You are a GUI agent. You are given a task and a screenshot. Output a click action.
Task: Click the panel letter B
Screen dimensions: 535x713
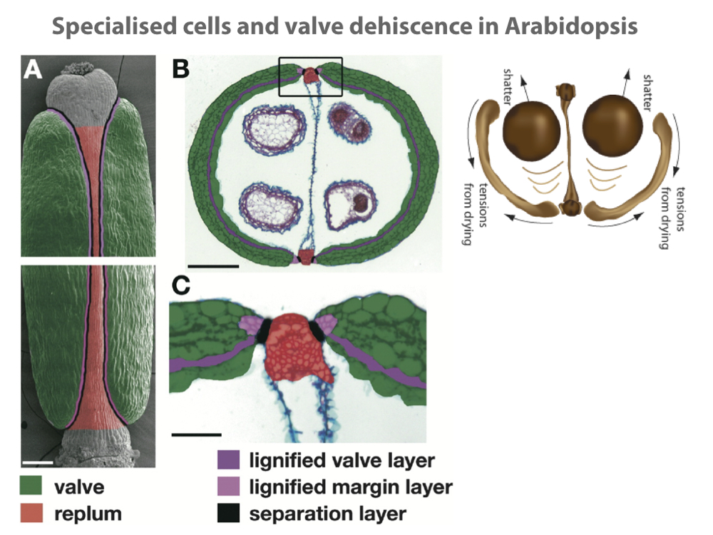click(181, 69)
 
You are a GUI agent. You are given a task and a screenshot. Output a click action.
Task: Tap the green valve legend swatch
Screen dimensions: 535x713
click(31, 488)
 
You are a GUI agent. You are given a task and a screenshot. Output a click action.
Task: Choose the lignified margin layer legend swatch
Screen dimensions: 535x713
click(230, 487)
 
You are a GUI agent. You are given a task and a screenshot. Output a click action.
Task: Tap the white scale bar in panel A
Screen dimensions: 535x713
click(42, 462)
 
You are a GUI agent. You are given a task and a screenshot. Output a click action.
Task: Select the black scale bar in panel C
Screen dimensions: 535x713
click(196, 432)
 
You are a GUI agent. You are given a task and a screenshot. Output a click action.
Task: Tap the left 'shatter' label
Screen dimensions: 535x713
click(508, 87)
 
